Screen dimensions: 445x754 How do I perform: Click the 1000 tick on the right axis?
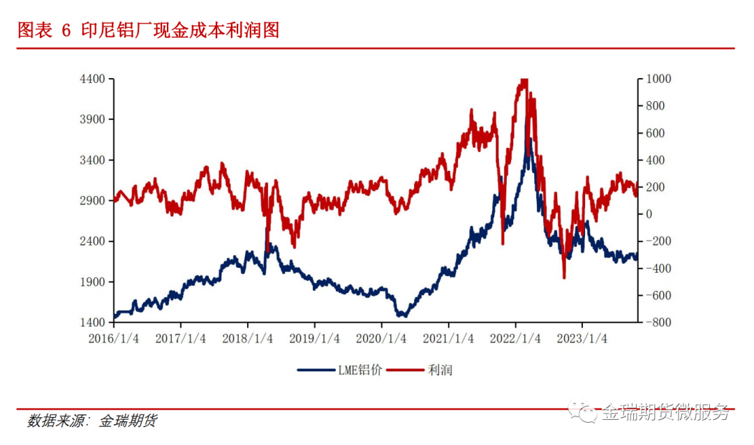tap(658, 79)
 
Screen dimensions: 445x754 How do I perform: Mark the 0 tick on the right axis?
tap(649, 214)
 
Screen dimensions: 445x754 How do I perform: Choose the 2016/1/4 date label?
tap(114, 338)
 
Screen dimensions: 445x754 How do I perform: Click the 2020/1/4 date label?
tap(382, 338)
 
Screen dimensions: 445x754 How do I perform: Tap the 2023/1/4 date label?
tap(583, 338)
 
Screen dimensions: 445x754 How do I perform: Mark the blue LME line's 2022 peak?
tap(530, 139)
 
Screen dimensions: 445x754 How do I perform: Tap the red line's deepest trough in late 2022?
tap(564, 278)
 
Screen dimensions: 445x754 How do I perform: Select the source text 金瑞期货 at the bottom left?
tap(128, 421)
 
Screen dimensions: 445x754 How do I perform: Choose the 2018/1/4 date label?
tap(248, 338)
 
